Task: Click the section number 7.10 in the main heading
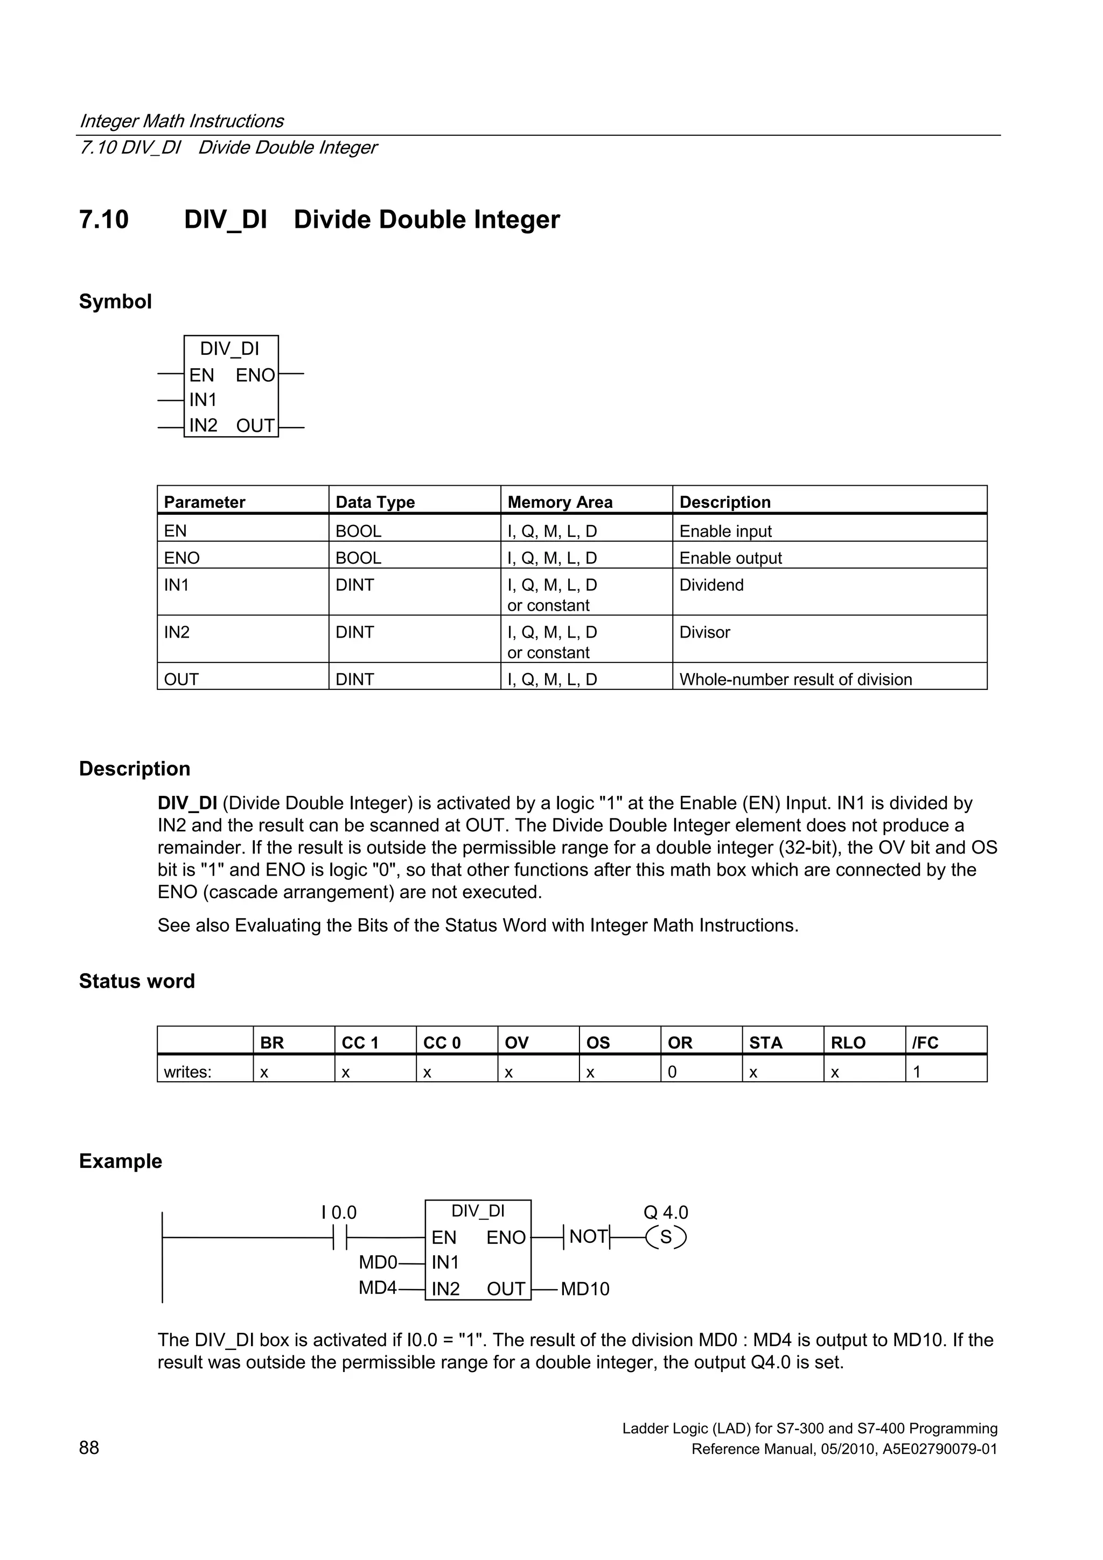point(104,220)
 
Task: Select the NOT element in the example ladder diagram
point(588,1236)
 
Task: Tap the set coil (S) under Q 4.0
point(666,1237)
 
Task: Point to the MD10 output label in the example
point(585,1289)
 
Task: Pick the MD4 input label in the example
point(377,1288)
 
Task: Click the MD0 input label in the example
point(377,1262)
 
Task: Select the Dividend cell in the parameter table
point(711,585)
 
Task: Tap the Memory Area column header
point(560,502)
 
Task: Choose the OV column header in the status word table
point(516,1043)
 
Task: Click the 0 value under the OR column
point(672,1072)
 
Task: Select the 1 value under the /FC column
point(917,1072)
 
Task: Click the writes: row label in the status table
point(187,1072)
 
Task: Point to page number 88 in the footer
point(89,1448)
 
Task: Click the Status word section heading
point(137,981)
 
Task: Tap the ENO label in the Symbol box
point(255,375)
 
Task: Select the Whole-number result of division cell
point(795,680)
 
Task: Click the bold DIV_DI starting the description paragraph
point(187,803)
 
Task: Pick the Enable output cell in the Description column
point(731,558)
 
